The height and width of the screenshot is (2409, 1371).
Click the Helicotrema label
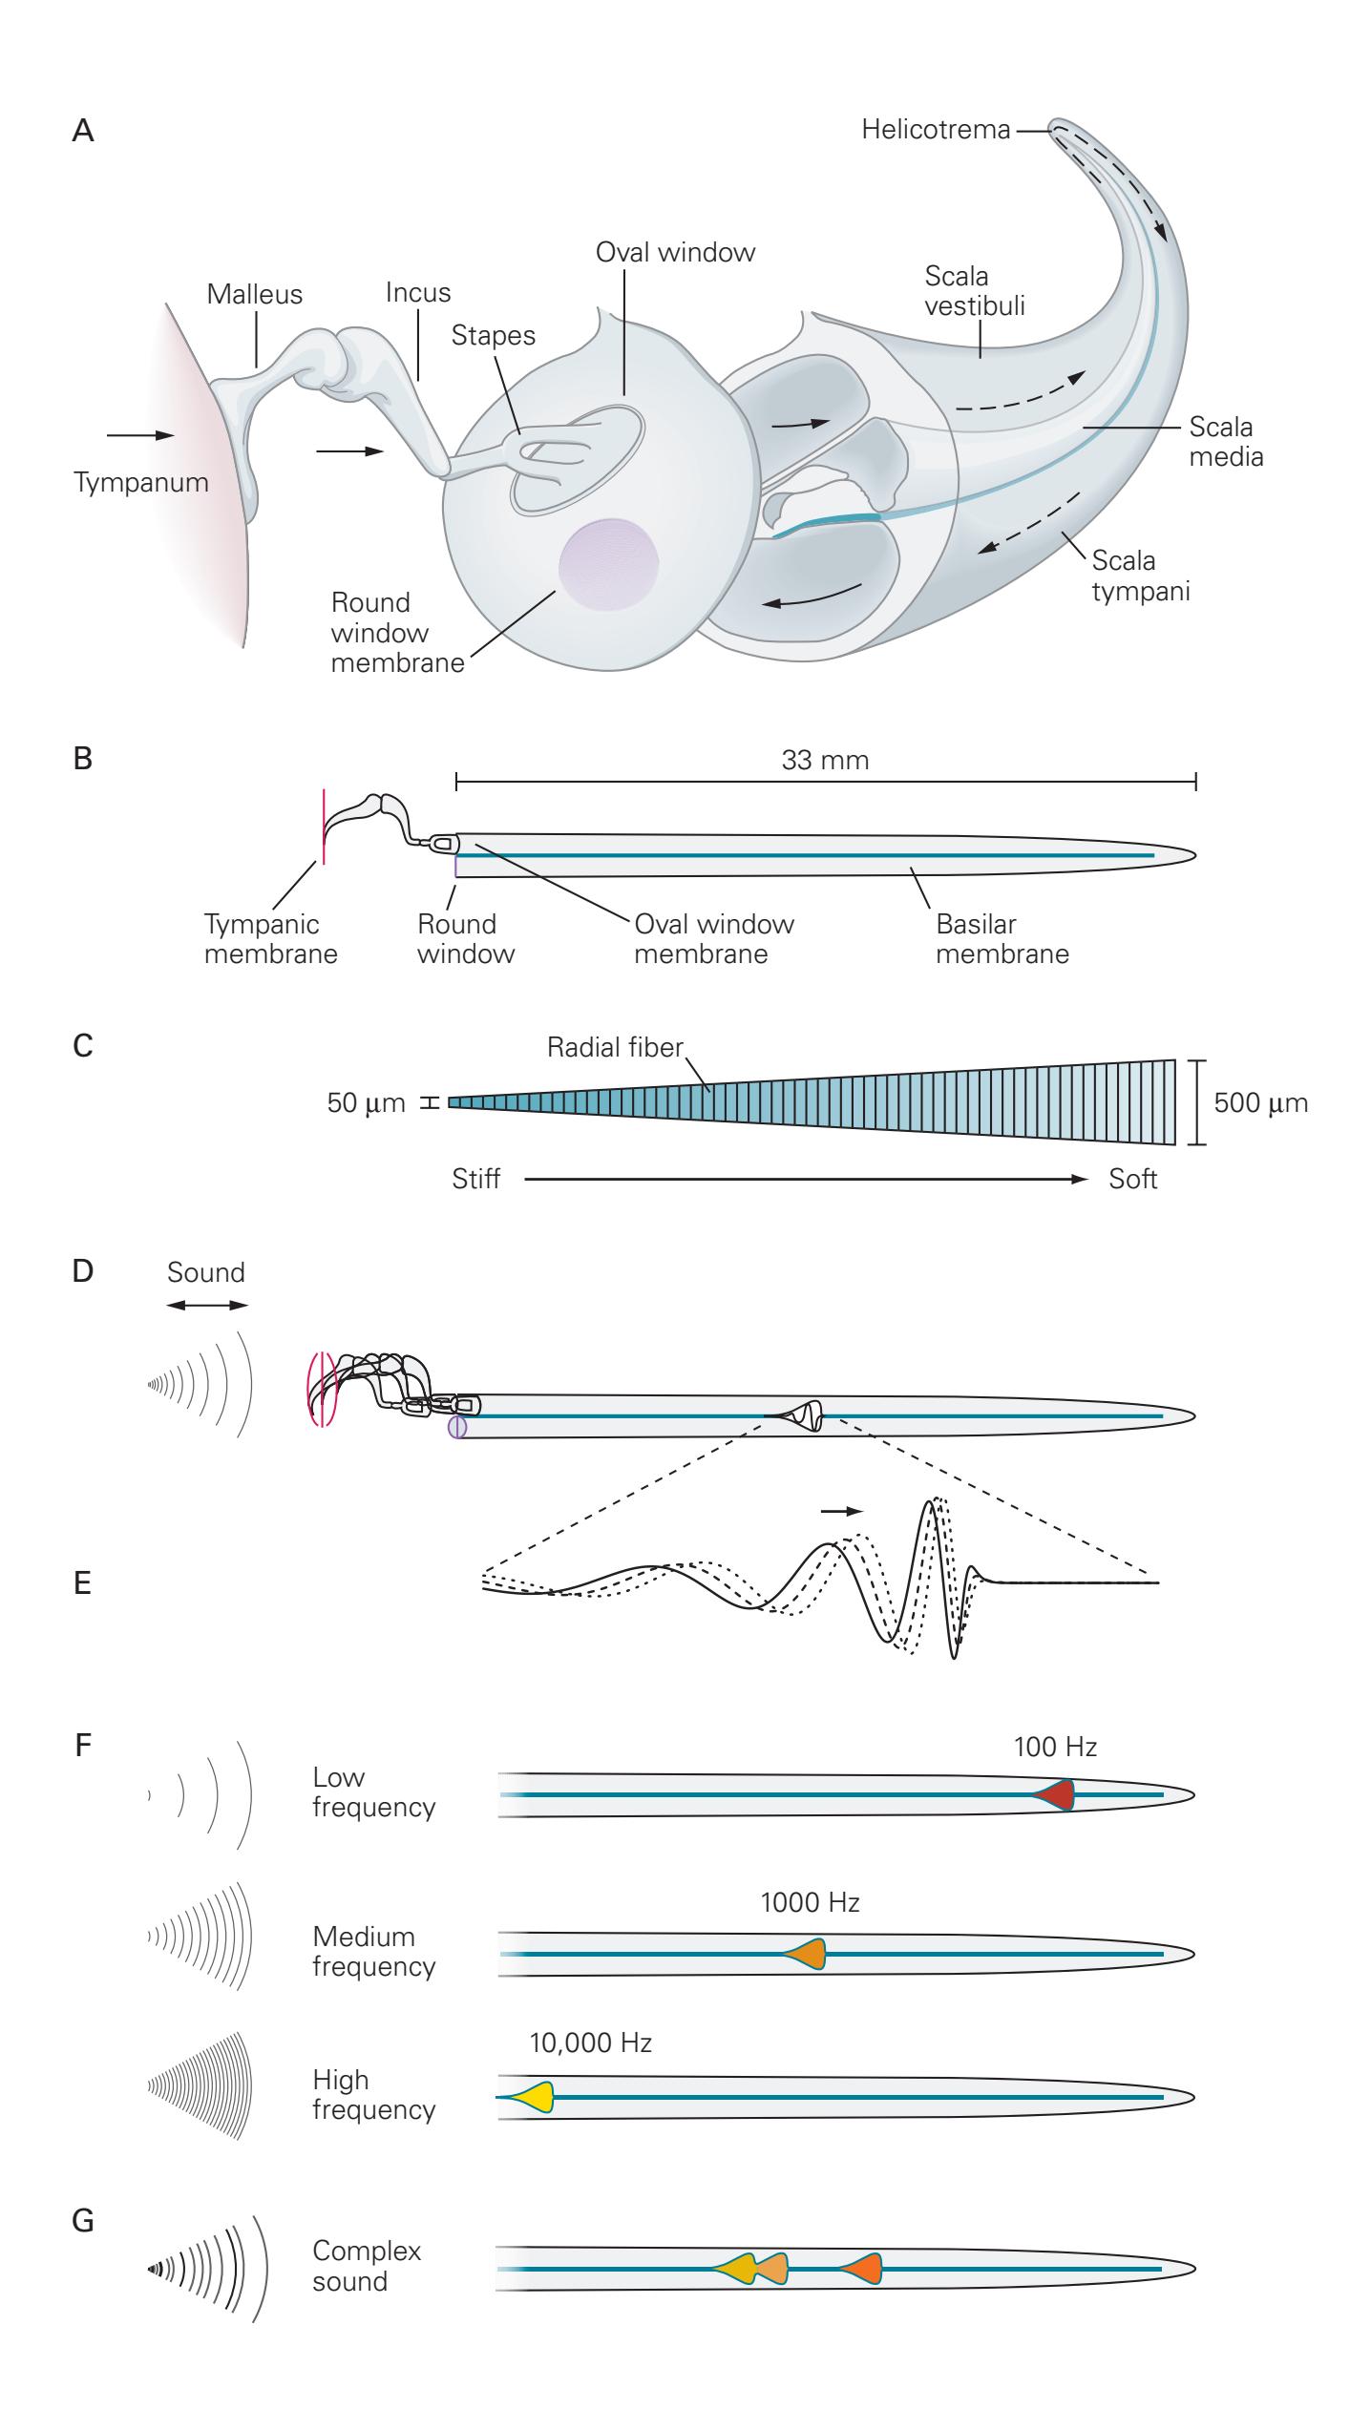[x=935, y=130]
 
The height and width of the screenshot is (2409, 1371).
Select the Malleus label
[x=254, y=295]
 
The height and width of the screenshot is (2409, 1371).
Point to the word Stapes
[x=493, y=336]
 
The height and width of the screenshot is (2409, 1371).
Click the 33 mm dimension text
[x=825, y=761]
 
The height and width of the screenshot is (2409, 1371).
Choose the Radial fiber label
[x=615, y=1048]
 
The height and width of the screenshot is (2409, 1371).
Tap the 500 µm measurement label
[x=1260, y=1103]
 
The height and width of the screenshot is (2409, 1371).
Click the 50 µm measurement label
[x=367, y=1104]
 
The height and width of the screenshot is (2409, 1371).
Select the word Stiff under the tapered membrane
[x=476, y=1180]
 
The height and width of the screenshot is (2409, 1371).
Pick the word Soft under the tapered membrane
[x=1132, y=1180]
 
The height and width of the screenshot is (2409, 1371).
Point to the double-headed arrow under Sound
[x=206, y=1306]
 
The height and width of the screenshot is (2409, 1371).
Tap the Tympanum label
[x=141, y=483]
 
